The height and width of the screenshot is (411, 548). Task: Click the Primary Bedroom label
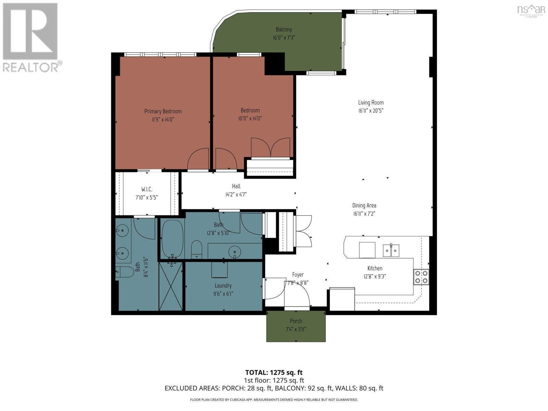163,111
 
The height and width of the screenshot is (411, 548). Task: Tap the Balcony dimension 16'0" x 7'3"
284,38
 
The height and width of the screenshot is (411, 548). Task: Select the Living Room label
371,102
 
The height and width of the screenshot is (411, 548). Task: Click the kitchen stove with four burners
421,277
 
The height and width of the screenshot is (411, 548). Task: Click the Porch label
296,321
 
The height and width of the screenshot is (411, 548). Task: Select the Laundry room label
223,286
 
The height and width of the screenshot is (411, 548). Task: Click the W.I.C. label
147,189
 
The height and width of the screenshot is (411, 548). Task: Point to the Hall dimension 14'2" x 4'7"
236,195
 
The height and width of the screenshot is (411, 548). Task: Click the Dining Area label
364,206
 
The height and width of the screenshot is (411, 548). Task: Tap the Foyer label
298,275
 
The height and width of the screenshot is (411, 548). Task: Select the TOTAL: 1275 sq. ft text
274,372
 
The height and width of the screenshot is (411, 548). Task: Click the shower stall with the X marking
171,286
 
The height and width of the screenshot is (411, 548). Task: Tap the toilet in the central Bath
197,249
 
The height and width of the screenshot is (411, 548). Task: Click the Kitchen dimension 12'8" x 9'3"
375,276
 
